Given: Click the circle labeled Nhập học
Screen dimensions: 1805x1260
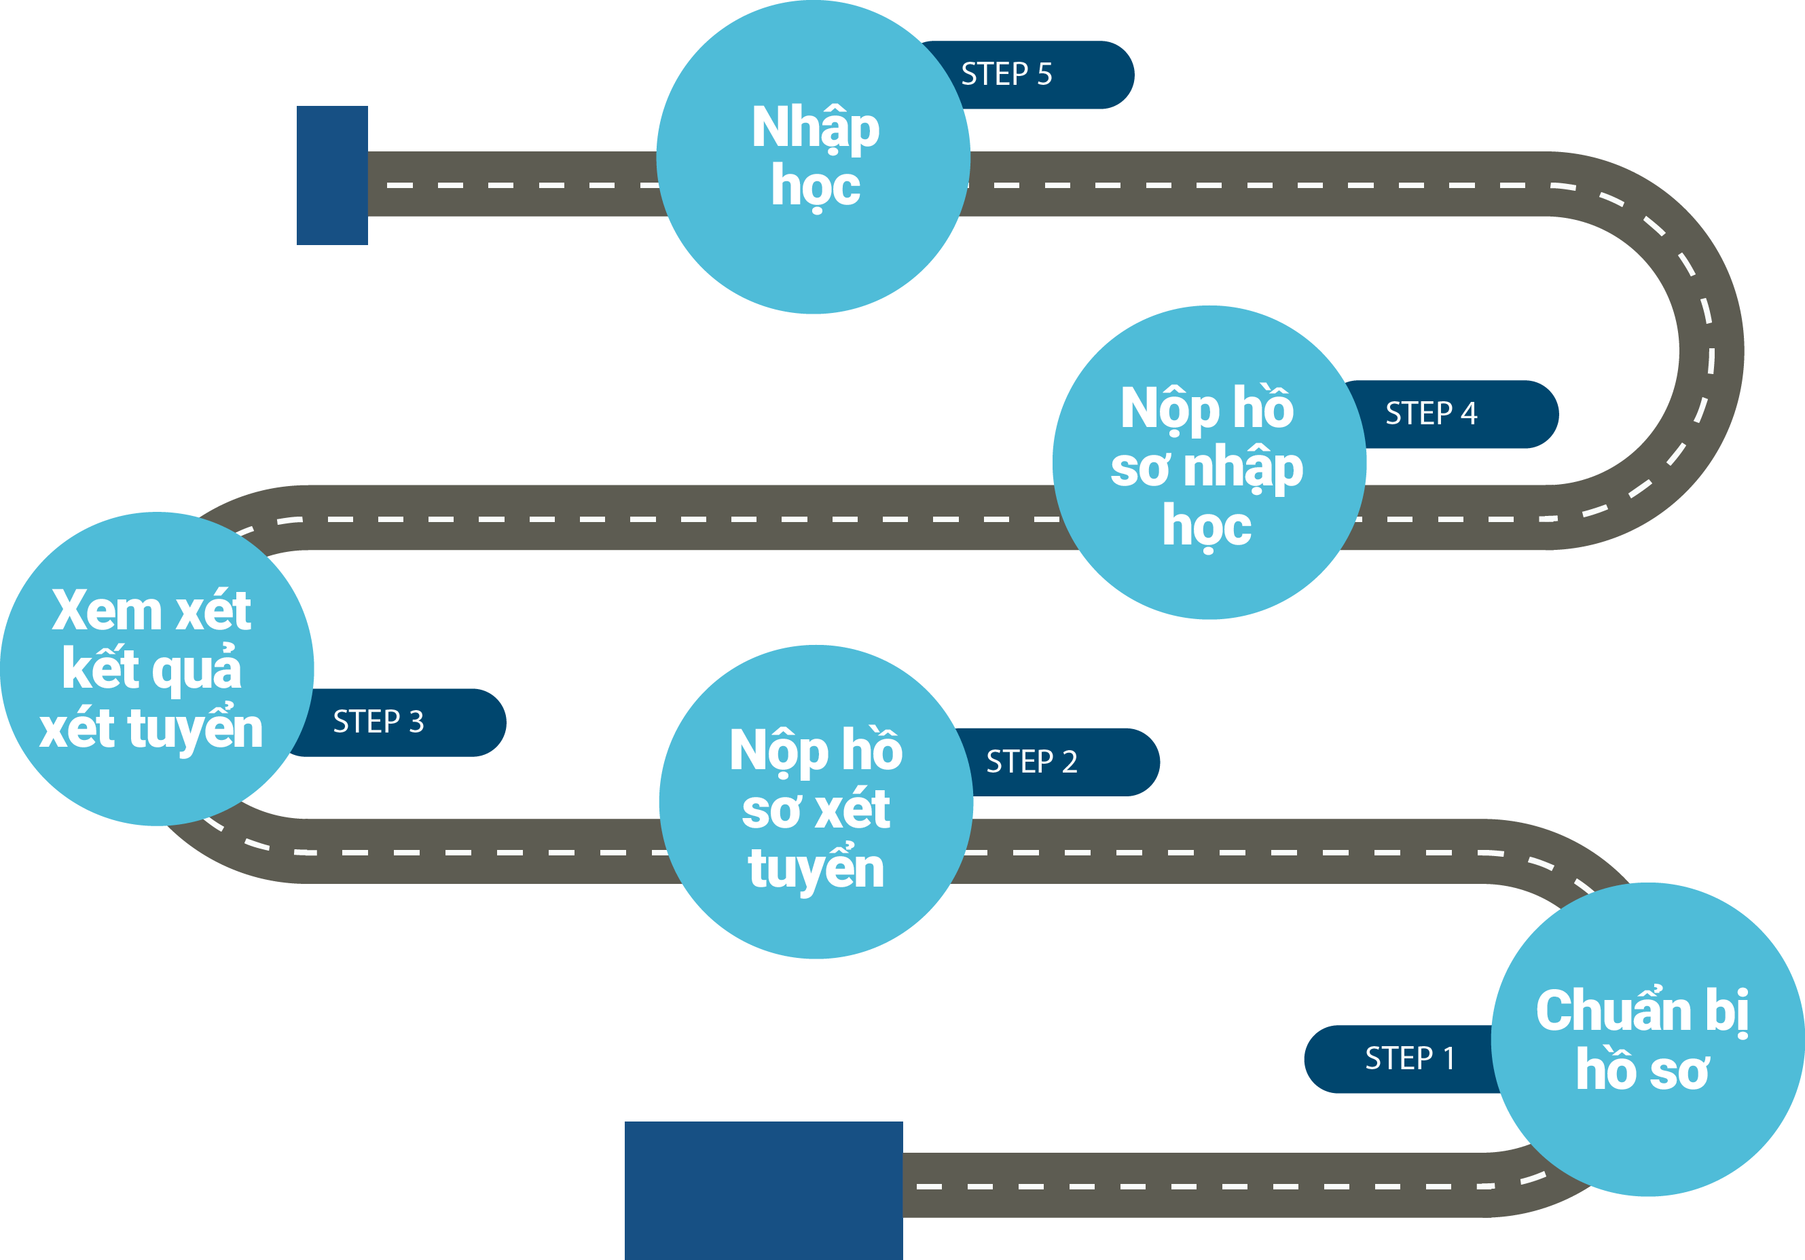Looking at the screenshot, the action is pos(814,157).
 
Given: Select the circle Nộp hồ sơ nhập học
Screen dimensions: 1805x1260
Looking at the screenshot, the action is pos(1209,462).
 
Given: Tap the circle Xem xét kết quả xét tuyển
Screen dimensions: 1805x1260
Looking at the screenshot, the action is pos(158,669).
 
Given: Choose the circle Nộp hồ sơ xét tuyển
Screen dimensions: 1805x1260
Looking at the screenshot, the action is pos(816,802).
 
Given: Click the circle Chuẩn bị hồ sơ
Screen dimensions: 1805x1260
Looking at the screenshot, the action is pos(1647,1039).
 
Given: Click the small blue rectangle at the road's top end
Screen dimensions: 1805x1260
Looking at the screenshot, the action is pos(332,175).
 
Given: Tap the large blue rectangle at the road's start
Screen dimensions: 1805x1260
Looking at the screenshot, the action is pos(763,1191).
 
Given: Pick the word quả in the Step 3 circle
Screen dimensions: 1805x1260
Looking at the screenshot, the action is pos(196,669).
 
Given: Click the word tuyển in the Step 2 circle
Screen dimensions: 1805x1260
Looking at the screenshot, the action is pos(816,868).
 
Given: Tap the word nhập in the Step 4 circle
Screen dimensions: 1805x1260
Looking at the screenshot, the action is pos(1243,468).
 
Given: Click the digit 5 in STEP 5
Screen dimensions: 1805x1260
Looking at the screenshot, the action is pos(1045,74).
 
